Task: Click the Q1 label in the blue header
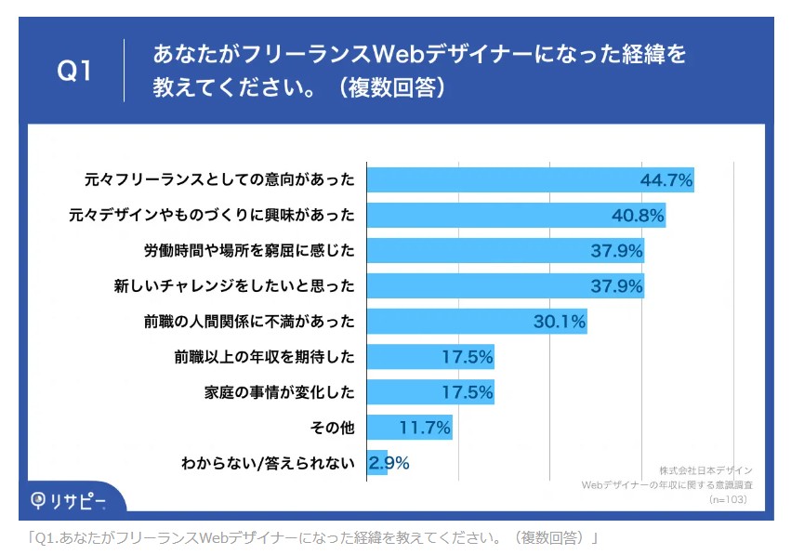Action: pyautogui.click(x=75, y=71)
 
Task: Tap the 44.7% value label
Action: pyautogui.click(x=666, y=180)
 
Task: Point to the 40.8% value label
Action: pyautogui.click(x=638, y=216)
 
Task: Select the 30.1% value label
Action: pyautogui.click(x=559, y=322)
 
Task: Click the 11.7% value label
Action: pyautogui.click(x=425, y=428)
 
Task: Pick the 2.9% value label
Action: pyautogui.click(x=389, y=462)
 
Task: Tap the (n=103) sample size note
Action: pyautogui.click(x=728, y=499)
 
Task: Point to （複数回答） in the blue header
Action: pyautogui.click(x=395, y=87)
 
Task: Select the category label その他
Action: pyautogui.click(x=332, y=428)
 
